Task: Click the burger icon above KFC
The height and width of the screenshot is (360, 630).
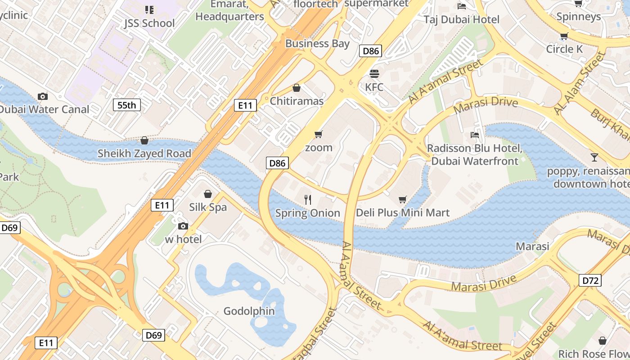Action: pyautogui.click(x=374, y=73)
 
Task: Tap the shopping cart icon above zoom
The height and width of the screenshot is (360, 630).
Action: pyautogui.click(x=319, y=134)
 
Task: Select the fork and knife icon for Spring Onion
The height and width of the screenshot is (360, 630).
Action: pyautogui.click(x=308, y=200)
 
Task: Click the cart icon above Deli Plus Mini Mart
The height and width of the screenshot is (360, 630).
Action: pyautogui.click(x=403, y=199)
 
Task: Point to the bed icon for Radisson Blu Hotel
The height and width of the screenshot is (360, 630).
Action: pyautogui.click(x=474, y=135)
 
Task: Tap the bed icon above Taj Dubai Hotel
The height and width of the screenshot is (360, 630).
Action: pyautogui.click(x=462, y=6)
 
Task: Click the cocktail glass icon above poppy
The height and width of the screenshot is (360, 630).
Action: pyautogui.click(x=594, y=157)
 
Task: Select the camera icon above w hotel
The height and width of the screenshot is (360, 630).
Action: pyautogui.click(x=183, y=226)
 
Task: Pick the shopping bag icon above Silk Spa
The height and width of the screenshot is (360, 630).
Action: pyautogui.click(x=208, y=194)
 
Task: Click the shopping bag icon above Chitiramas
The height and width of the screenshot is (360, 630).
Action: pyautogui.click(x=297, y=88)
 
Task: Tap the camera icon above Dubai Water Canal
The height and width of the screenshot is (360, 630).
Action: pyautogui.click(x=43, y=96)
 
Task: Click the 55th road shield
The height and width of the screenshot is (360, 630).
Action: pyautogui.click(x=126, y=105)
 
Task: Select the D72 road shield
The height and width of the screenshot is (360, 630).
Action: pyautogui.click(x=590, y=281)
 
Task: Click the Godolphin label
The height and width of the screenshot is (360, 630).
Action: pyautogui.click(x=249, y=311)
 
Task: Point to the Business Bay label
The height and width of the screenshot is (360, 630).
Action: pyautogui.click(x=317, y=44)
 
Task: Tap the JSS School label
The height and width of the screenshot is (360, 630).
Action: pyautogui.click(x=149, y=23)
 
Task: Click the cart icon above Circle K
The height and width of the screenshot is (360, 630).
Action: pyautogui.click(x=564, y=36)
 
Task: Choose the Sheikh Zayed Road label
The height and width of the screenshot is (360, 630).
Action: pyautogui.click(x=144, y=153)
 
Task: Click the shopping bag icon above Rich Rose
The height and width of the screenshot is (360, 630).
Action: pyautogui.click(x=602, y=341)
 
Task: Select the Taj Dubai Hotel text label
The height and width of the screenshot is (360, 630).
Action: pyautogui.click(x=462, y=19)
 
